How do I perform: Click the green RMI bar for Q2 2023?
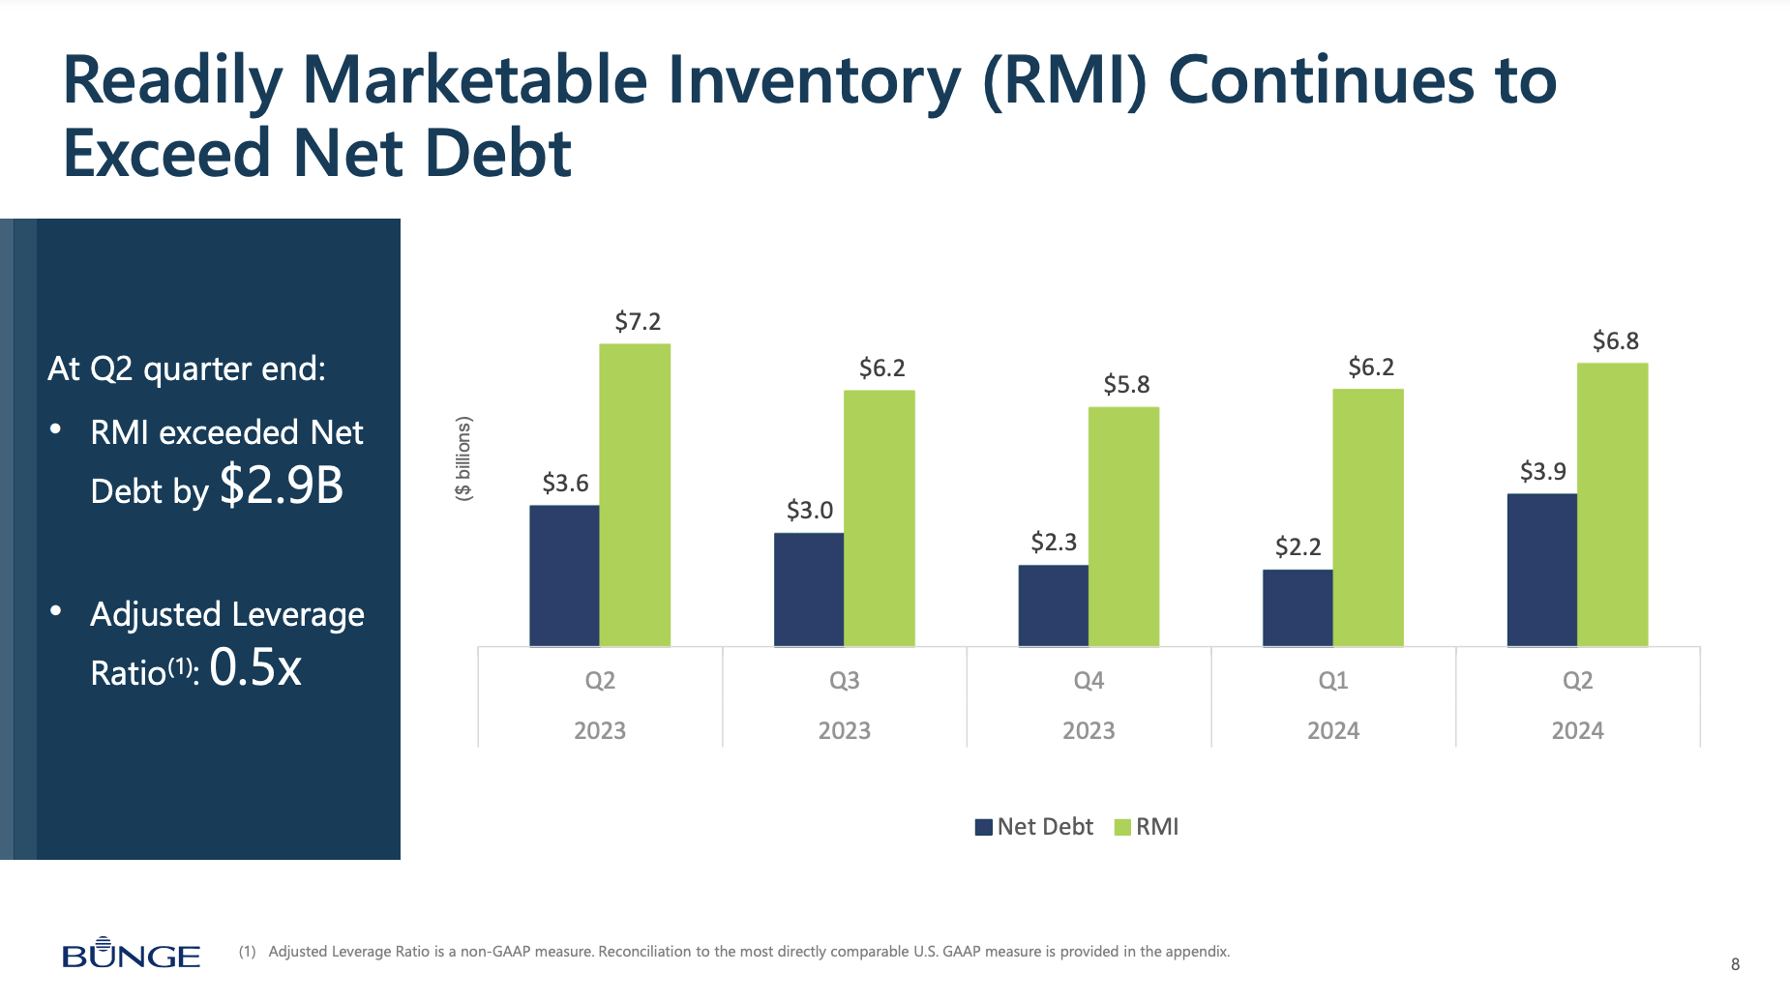tap(635, 495)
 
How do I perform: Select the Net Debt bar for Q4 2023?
tap(1053, 605)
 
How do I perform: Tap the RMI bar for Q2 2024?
tap(1612, 505)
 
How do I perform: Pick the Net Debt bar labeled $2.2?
tap(1298, 607)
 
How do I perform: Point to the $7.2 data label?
tap(638, 322)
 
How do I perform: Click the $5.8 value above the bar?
tap(1126, 385)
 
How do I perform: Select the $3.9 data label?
tap(1542, 472)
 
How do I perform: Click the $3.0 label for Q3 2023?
tap(809, 511)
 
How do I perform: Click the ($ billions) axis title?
tap(463, 457)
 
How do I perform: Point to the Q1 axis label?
tap(1332, 681)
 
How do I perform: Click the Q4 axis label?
tap(1089, 681)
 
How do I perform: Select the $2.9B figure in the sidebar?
tap(282, 486)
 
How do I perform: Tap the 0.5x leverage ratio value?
tap(255, 667)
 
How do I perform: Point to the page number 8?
tap(1735, 964)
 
